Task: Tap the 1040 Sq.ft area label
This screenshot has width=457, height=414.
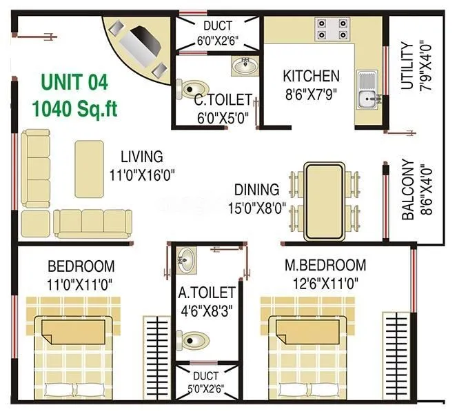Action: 74,108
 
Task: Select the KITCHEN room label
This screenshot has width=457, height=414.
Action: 312,76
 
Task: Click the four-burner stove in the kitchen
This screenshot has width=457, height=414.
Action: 332,29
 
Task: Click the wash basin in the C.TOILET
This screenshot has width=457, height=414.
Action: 244,66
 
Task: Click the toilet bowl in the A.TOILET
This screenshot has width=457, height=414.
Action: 193,339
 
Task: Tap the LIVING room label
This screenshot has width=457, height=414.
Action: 141,157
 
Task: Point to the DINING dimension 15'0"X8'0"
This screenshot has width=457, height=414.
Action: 256,208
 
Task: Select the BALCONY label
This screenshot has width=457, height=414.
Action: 408,190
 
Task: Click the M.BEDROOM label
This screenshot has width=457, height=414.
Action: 325,265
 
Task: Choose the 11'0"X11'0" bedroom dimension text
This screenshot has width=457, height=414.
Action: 81,284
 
